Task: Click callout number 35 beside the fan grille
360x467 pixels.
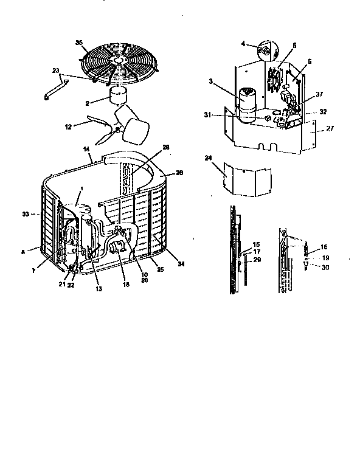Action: point(78,41)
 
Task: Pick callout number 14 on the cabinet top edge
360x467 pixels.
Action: point(86,148)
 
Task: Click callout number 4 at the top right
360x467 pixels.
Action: point(243,44)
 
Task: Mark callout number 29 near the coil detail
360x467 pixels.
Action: point(256,260)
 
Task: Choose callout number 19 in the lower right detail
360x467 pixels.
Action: point(324,258)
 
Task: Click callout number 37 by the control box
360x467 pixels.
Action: point(319,95)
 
